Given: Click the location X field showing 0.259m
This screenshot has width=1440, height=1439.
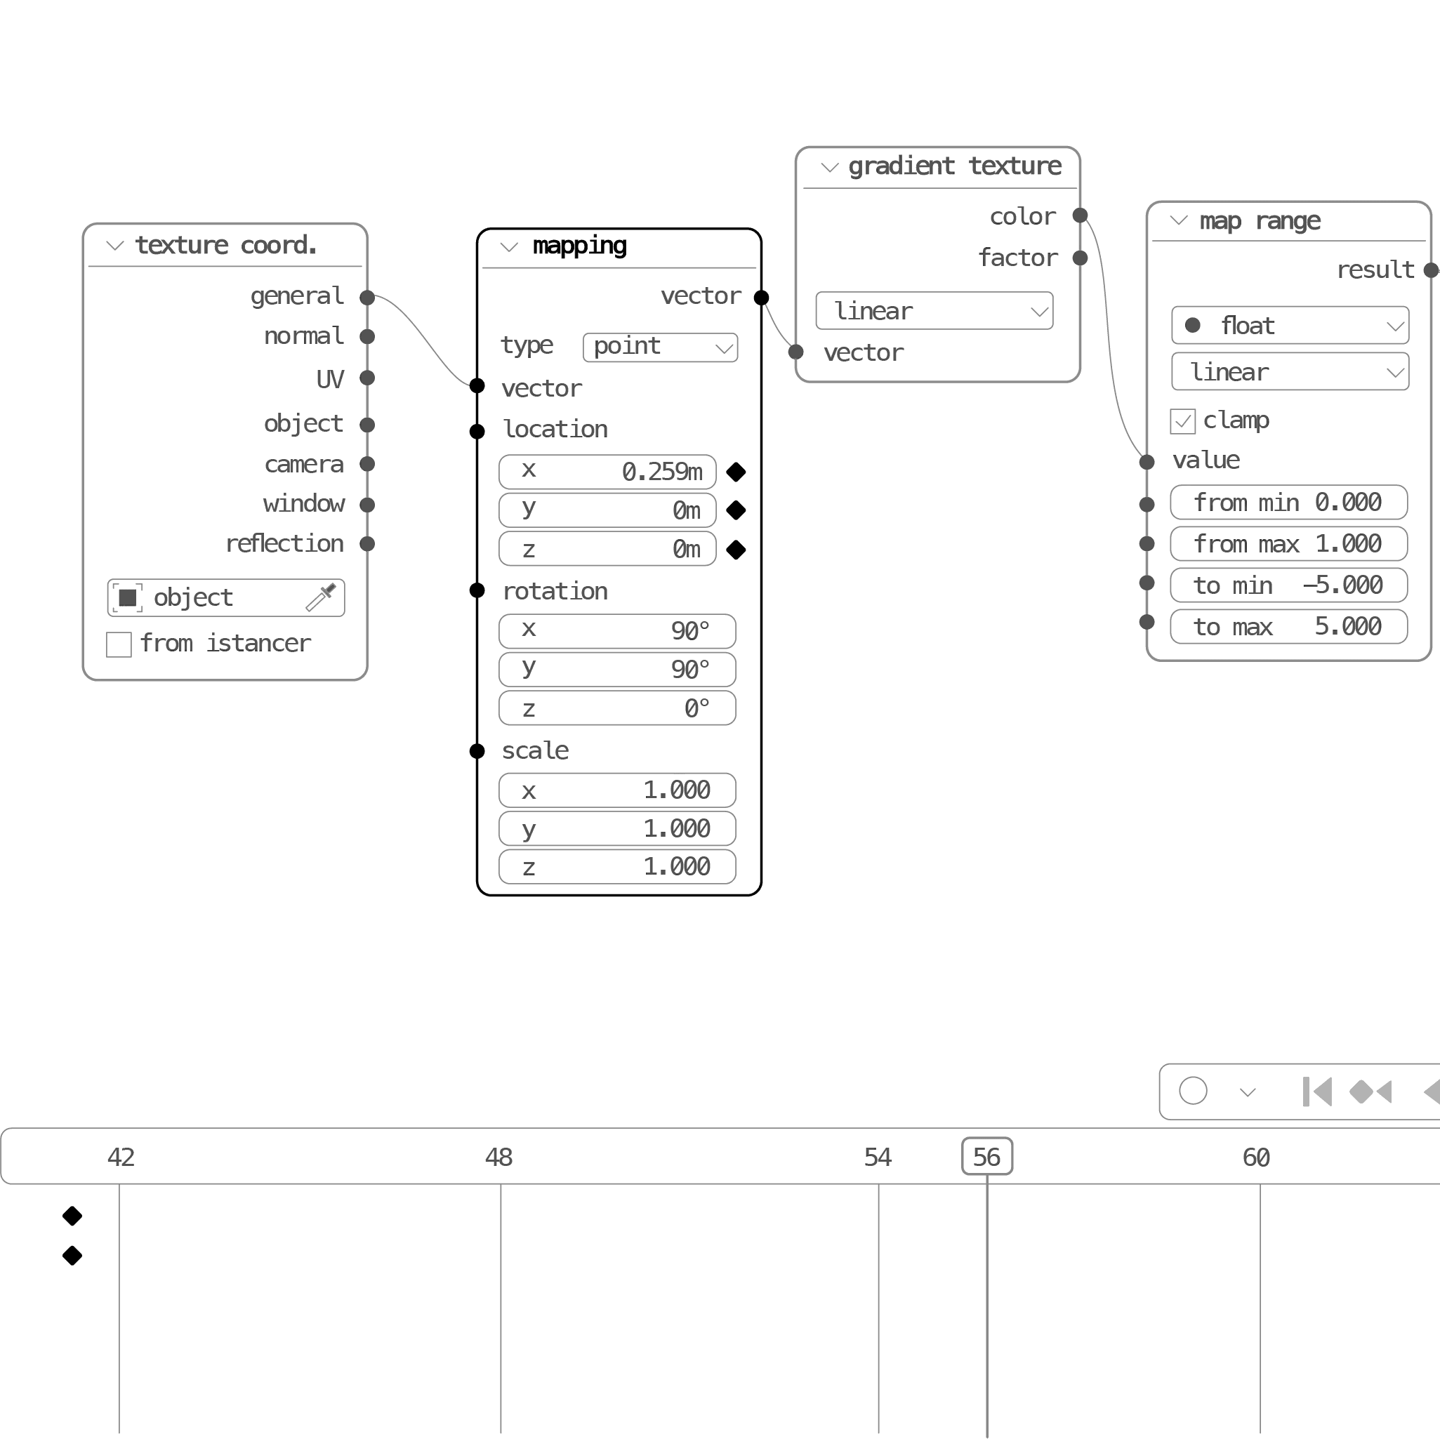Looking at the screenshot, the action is click(607, 471).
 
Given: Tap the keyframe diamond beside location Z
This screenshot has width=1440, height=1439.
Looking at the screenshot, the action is click(736, 550).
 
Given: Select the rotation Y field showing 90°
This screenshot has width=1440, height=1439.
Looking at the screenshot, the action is click(616, 669).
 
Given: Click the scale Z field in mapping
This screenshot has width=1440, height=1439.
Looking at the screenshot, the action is click(616, 867).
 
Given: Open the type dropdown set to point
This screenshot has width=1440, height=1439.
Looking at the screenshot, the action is click(660, 347).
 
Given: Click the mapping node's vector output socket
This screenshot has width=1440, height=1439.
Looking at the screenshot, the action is click(761, 298).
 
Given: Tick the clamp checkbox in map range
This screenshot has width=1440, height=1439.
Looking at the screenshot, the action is click(1182, 421).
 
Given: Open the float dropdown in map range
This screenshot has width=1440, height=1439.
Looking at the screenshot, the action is click(1290, 326).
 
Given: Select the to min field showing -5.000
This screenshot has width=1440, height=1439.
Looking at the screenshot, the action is click(1288, 585).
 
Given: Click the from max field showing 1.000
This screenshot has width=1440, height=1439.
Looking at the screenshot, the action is click(1288, 544).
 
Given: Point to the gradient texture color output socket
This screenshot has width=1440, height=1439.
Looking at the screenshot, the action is click(1080, 216).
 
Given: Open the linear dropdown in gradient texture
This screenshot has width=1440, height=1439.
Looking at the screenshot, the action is click(934, 311).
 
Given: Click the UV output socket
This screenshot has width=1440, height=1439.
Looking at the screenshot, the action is click(366, 378).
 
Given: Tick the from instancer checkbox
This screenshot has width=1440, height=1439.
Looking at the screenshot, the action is click(119, 644).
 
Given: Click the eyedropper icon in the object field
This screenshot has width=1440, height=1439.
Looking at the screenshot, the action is click(322, 597).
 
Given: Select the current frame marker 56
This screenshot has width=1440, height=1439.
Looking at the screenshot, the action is click(987, 1157).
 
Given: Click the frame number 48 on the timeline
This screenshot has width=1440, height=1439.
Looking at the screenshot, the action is click(498, 1158).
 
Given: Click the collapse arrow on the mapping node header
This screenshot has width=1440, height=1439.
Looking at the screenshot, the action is click(509, 246).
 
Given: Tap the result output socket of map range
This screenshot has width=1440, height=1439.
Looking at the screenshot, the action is click(1430, 270).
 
